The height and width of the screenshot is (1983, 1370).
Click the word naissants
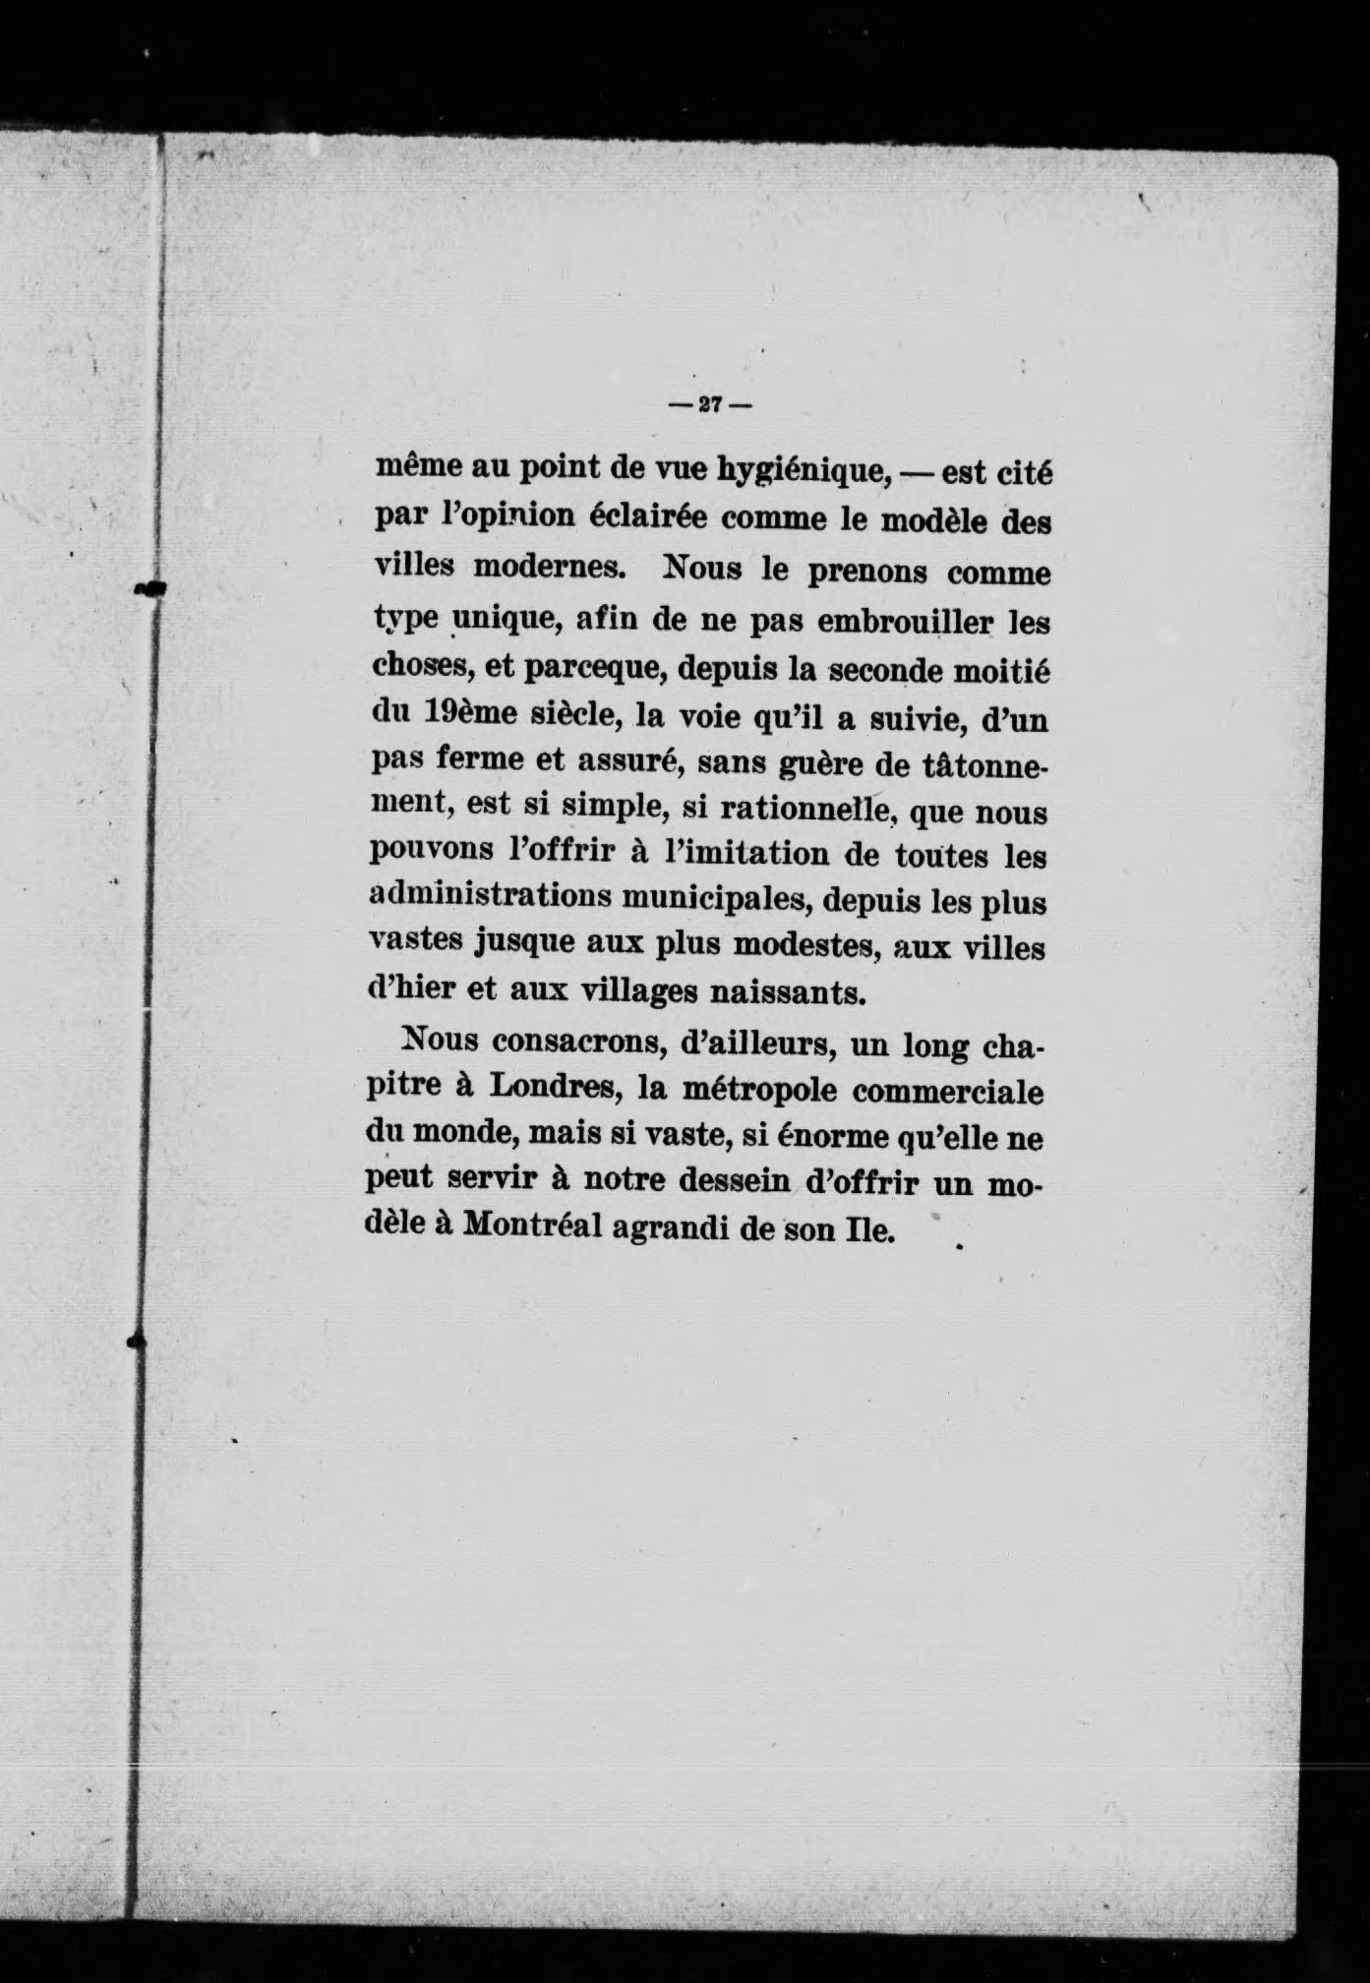coord(787,991)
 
